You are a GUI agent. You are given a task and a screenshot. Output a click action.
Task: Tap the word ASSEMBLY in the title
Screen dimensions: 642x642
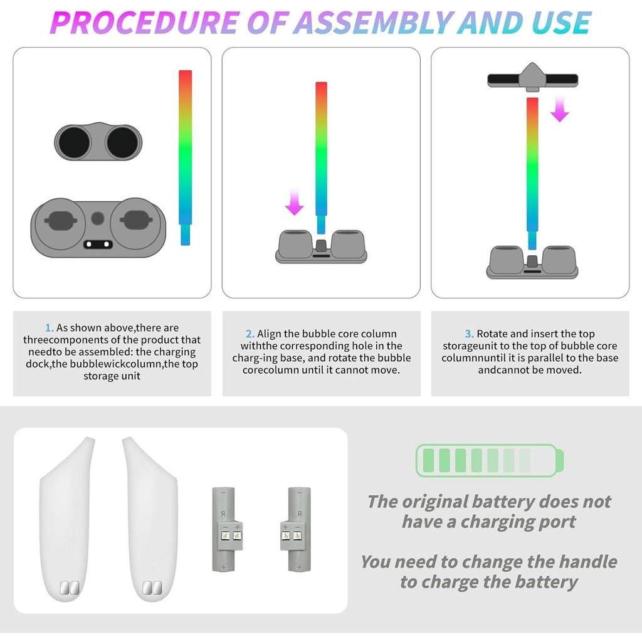(373, 23)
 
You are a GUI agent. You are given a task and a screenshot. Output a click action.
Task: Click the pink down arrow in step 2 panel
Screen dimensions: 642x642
(294, 203)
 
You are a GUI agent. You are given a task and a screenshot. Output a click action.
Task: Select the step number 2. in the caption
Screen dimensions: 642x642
(250, 334)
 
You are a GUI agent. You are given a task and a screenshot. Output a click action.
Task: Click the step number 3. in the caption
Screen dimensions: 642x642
(469, 334)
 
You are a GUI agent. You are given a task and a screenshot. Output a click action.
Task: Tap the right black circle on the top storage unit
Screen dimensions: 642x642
(122, 142)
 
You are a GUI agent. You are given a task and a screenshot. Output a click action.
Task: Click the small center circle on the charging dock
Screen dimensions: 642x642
(97, 218)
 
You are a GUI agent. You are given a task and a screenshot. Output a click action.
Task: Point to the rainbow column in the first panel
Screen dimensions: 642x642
(185, 157)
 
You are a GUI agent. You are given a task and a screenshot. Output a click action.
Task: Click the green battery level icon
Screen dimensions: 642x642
(490, 461)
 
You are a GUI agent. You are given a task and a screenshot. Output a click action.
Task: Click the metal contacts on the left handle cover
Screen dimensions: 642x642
(68, 587)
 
